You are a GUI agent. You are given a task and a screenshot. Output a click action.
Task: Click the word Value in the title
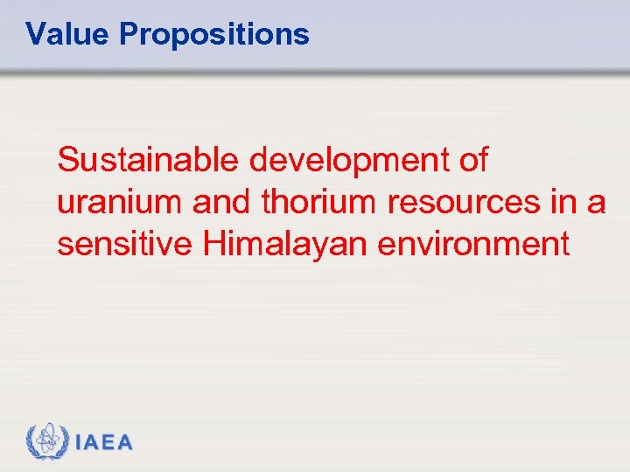68,34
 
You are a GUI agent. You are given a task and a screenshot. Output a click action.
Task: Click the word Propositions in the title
213,35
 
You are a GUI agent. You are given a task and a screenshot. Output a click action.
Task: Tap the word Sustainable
149,161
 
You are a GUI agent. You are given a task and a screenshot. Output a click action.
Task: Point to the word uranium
120,203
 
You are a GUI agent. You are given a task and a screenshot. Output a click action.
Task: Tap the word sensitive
125,244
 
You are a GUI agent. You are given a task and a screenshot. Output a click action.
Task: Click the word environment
473,244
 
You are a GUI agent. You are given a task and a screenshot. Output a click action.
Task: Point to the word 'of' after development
472,161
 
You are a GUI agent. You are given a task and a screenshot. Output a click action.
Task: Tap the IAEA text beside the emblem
105,442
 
